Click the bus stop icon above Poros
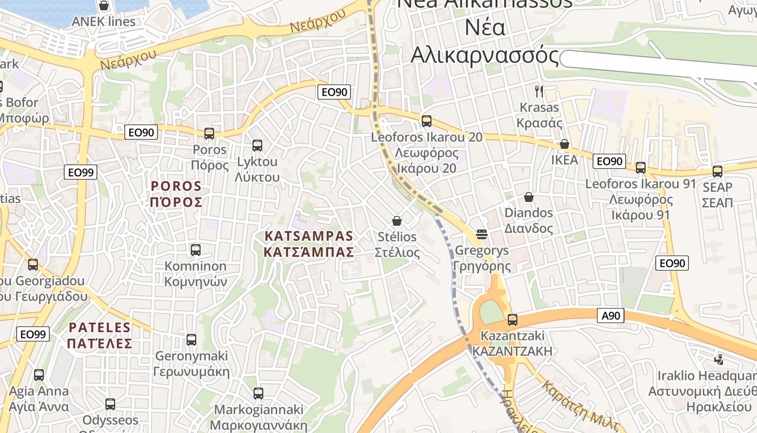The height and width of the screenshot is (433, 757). (x=209, y=133)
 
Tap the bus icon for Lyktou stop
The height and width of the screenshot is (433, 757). (x=257, y=145)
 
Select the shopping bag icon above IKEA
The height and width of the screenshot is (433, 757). (x=564, y=144)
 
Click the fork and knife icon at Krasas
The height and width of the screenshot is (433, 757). (x=539, y=91)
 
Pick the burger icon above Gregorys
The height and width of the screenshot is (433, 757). (x=482, y=234)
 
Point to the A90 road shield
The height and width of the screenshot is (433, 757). (x=610, y=316)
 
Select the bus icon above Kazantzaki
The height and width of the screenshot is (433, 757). (x=512, y=319)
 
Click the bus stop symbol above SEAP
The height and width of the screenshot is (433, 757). (x=718, y=171)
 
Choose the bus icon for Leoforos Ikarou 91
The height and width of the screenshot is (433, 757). (x=641, y=168)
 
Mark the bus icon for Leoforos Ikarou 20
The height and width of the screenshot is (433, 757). (x=427, y=121)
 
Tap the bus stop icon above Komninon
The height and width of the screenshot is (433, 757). (x=196, y=250)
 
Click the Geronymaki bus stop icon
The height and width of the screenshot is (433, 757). (x=191, y=340)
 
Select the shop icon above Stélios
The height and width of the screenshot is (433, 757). (x=397, y=221)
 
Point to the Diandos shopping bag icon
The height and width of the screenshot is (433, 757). (x=529, y=197)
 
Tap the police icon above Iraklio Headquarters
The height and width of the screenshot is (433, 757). (x=719, y=359)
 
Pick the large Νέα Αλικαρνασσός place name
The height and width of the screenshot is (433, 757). (x=484, y=41)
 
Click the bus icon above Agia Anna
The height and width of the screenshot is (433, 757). (x=39, y=375)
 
